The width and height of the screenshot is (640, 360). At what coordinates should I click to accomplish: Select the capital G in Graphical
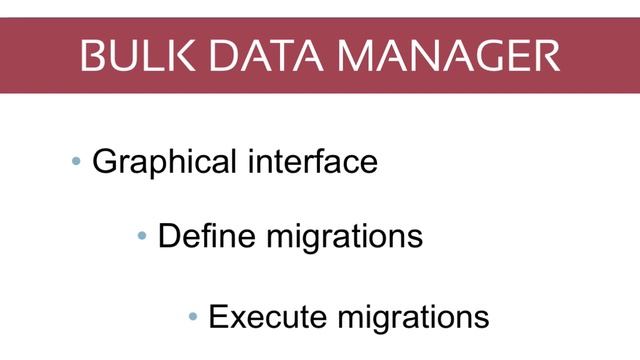[105, 161]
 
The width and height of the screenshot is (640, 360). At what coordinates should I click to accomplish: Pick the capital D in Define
[170, 237]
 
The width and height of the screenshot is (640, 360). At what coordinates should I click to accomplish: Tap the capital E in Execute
[218, 317]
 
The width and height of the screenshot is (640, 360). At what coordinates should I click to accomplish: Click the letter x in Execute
[241, 319]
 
